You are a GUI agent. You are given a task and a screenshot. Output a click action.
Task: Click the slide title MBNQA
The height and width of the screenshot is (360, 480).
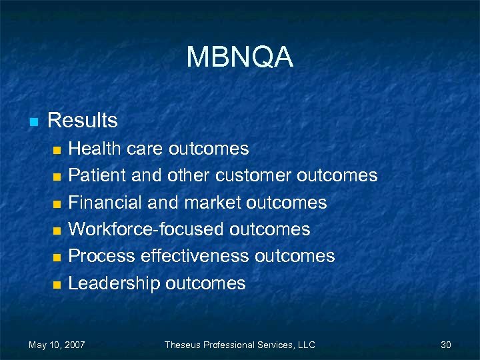click(x=239, y=58)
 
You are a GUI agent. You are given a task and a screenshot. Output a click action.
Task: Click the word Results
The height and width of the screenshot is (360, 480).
click(x=83, y=121)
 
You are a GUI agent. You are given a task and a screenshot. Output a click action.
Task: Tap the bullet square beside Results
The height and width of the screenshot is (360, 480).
click(x=32, y=122)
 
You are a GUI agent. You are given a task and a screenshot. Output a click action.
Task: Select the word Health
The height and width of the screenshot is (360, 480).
click(x=92, y=148)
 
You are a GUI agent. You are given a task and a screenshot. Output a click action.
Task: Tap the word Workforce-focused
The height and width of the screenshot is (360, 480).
click(x=146, y=229)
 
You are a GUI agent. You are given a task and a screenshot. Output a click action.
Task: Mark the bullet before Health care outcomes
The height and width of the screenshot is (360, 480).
click(x=57, y=149)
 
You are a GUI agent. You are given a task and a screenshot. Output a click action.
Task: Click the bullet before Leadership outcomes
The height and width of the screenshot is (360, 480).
click(x=57, y=285)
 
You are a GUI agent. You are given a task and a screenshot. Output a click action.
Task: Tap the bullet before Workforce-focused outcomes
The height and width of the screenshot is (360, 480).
click(x=57, y=231)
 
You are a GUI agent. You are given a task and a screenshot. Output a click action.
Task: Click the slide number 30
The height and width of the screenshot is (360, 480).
click(x=446, y=345)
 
